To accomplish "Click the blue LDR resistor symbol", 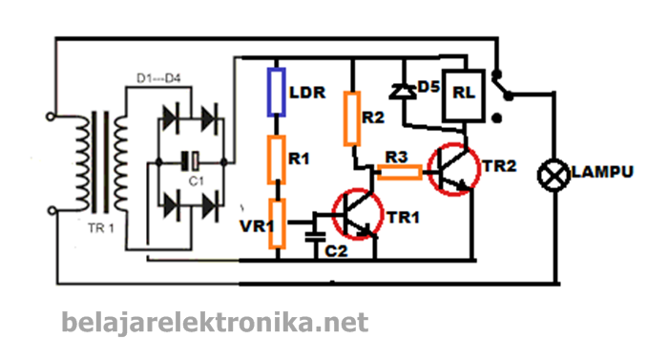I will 277,94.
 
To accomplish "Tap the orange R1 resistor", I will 277,159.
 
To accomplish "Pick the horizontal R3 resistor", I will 399,173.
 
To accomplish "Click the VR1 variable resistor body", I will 277,225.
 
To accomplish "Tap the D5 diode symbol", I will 403,92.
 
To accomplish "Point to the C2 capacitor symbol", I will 315,233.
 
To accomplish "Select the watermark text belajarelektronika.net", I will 215,323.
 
